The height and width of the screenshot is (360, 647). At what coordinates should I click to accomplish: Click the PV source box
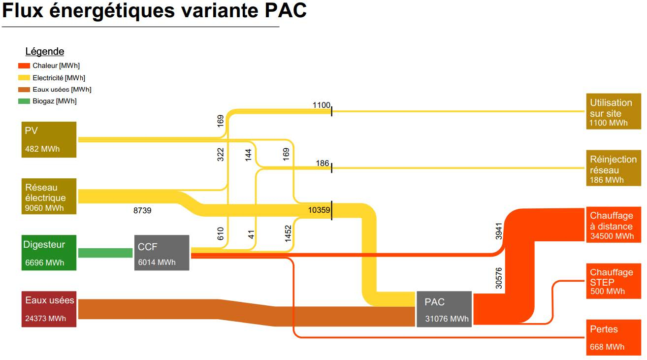[49, 139]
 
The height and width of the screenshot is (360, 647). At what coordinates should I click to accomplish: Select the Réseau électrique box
[49, 196]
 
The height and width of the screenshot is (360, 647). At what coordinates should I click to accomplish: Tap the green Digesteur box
[49, 253]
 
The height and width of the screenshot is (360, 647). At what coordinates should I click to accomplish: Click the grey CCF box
[162, 253]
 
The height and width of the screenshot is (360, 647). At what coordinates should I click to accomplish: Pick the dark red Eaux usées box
[49, 309]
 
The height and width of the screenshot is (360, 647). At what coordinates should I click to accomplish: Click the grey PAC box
[444, 309]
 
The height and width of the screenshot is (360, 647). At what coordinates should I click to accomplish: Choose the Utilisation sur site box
[614, 111]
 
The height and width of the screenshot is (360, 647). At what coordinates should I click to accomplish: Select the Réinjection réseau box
[614, 168]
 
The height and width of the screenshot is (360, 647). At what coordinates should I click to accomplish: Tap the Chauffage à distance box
[614, 225]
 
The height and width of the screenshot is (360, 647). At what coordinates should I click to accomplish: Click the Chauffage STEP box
[614, 281]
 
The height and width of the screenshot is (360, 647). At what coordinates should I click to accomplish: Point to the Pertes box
[614, 337]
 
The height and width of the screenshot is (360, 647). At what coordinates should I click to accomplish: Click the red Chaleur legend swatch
[24, 66]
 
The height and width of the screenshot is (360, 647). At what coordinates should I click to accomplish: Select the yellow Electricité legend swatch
[24, 78]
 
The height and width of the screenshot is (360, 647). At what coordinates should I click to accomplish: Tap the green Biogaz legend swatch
[24, 101]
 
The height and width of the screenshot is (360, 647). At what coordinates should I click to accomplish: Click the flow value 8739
[142, 210]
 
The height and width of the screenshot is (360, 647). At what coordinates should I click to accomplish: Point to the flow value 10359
[319, 210]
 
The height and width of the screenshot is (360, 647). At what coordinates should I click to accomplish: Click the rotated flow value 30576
[499, 278]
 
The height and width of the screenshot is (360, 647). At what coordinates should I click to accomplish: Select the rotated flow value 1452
[288, 233]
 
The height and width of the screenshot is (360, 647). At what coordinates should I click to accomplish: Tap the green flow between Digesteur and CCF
[105, 253]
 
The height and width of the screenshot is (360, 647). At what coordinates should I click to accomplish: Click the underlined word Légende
[45, 51]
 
